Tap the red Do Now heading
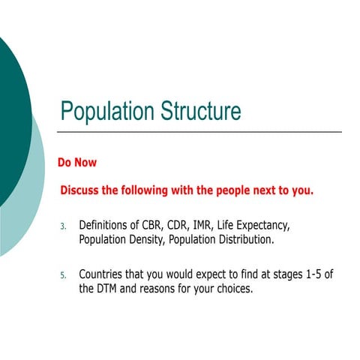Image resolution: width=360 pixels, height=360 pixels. [77, 162]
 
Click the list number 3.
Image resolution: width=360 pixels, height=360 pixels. [64, 226]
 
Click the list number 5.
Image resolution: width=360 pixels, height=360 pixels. [64, 275]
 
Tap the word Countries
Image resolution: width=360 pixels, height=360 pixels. [105, 274]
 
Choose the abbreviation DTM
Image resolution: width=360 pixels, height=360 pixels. [111, 289]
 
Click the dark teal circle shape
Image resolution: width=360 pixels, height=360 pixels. [11, 112]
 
